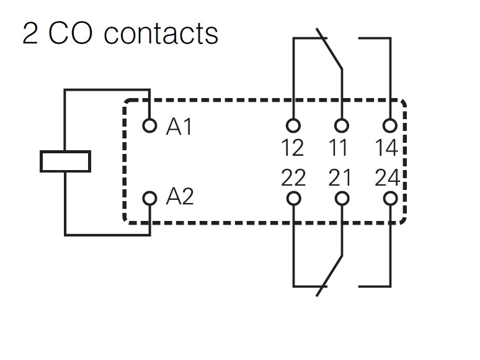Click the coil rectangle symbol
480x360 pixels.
point(65,161)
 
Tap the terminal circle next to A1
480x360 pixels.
point(149,126)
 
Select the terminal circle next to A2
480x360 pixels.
point(149,199)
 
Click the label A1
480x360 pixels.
point(180,127)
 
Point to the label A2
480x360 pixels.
point(180,197)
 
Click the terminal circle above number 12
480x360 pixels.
point(293,126)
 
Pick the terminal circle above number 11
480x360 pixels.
point(341,126)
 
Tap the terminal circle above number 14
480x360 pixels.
point(389,126)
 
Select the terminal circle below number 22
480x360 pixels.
point(293,199)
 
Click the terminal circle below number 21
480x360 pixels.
point(341,199)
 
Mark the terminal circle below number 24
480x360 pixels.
point(389,199)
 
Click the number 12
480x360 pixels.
point(293,148)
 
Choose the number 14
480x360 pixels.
point(388,148)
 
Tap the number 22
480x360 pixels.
point(293,178)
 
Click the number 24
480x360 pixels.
point(388,178)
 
